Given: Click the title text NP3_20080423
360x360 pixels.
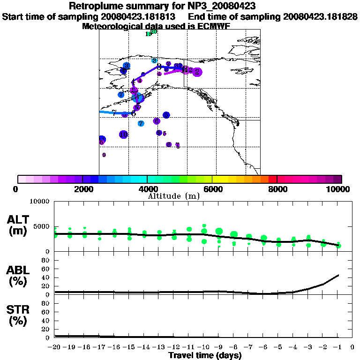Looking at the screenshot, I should tap(220, 6).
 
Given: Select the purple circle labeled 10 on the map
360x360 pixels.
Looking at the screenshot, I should tap(123, 135).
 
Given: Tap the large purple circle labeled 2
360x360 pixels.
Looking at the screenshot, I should tap(197, 72).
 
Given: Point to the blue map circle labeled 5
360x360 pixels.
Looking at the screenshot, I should tap(138, 97).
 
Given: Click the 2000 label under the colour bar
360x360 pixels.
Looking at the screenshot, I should tap(82, 189).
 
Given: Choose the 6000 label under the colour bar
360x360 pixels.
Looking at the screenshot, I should tap(212, 189).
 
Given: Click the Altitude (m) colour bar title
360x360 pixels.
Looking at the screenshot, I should tap(173, 196).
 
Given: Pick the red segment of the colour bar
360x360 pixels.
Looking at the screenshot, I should tap(273, 179).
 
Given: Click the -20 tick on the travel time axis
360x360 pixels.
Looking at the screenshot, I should tap(55, 347).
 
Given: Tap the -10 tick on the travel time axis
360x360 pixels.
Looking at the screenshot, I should tap(203, 347).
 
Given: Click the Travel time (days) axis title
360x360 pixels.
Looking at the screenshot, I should tap(205, 355).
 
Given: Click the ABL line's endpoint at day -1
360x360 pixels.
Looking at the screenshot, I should tap(338, 275).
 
